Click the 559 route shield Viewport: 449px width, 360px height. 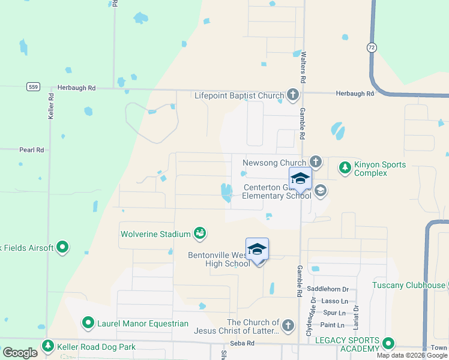pyautogui.click(x=33, y=87)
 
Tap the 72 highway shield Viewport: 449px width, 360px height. pyautogui.click(x=372, y=46)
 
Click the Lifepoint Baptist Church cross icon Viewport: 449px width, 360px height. pyautogui.click(x=292, y=95)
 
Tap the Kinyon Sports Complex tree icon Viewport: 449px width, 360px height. pyautogui.click(x=345, y=167)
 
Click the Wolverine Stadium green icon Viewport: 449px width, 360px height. pyautogui.click(x=200, y=233)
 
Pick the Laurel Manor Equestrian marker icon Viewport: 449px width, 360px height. pyautogui.click(x=88, y=323)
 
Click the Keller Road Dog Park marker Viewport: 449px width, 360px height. pyautogui.click(x=47, y=346)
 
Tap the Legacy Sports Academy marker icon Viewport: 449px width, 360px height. pyautogui.click(x=388, y=344)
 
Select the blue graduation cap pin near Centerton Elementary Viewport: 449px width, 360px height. pyautogui.click(x=300, y=179)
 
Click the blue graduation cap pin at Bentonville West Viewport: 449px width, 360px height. pyautogui.click(x=257, y=249)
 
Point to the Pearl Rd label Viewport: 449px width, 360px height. pyautogui.click(x=32, y=149)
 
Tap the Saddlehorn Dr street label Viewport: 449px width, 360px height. pyautogui.click(x=328, y=289)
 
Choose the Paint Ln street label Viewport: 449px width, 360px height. pyautogui.click(x=333, y=325)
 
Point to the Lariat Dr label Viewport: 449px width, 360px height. pyautogui.click(x=356, y=316)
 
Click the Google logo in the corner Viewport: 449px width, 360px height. pyautogui.click(x=20, y=353)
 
